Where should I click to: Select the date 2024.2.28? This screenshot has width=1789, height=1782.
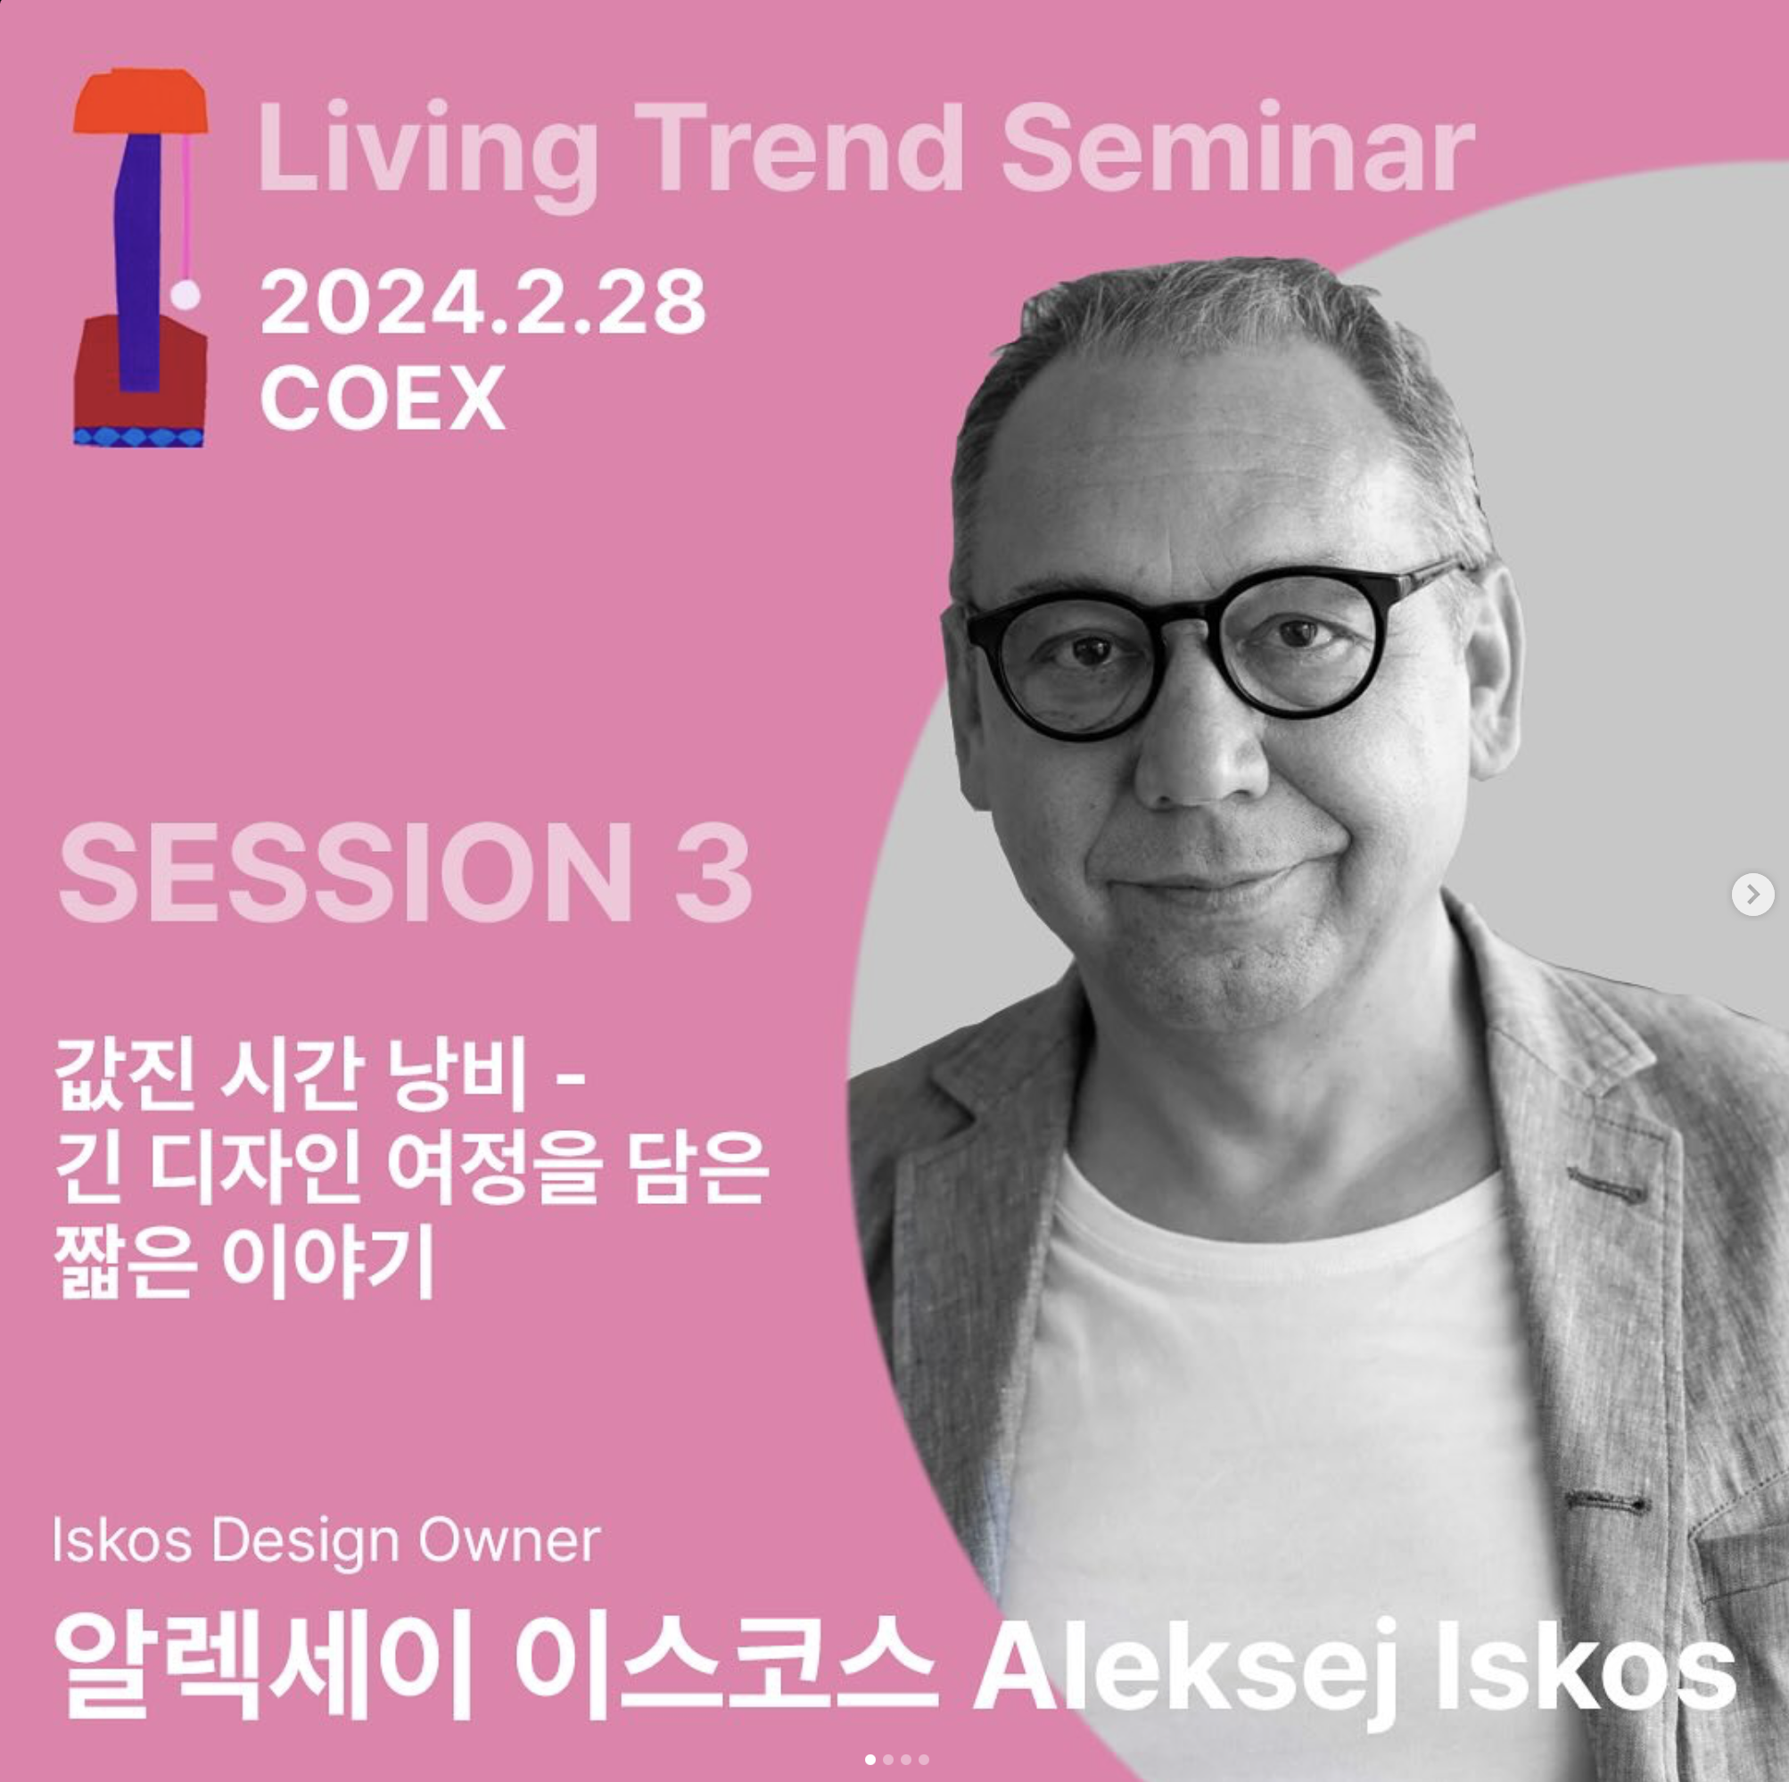click(x=482, y=302)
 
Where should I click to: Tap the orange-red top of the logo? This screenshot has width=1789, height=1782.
click(x=141, y=101)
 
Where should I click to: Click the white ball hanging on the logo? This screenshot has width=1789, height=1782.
click(x=186, y=295)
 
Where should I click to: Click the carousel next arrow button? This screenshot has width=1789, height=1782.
click(x=1752, y=895)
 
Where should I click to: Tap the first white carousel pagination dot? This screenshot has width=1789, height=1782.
click(x=870, y=1759)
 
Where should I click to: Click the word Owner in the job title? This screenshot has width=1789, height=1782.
click(x=508, y=1540)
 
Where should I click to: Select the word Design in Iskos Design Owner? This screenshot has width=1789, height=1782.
click(x=306, y=1540)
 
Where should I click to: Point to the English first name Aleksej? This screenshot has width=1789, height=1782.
click(x=1186, y=1667)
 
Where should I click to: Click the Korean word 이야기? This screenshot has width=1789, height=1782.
click(x=328, y=1261)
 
